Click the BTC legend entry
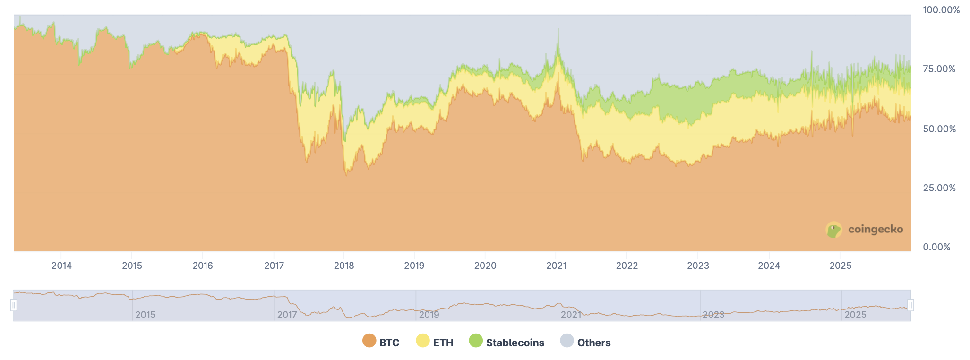[389, 343]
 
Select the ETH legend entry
[443, 343]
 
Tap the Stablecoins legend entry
[515, 343]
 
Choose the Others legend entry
[593, 343]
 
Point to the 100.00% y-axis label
[941, 10]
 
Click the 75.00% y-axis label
[939, 69]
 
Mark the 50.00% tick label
[939, 129]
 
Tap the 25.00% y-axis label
[939, 188]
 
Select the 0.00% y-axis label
[936, 247]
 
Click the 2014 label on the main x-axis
[61, 266]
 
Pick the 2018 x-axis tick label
[344, 266]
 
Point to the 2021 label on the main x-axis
[556, 266]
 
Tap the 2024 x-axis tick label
[769, 266]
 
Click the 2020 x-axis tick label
[485, 266]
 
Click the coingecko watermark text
[876, 230]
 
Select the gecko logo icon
[834, 230]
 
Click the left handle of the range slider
[14, 305]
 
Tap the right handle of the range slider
[910, 305]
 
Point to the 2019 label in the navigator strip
[429, 315]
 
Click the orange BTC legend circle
[369, 341]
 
